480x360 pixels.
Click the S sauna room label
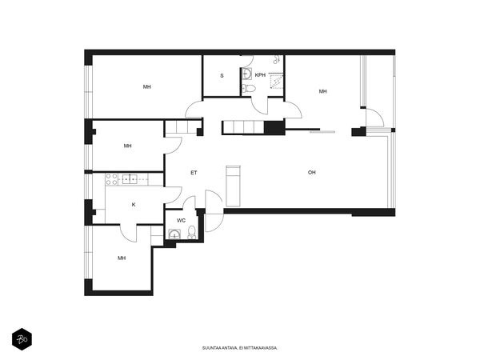point(222,76)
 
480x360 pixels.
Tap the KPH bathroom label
point(260,75)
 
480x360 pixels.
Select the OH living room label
point(312,172)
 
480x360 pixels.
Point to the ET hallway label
point(194,173)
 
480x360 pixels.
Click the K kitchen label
point(134,205)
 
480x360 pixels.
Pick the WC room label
point(181,221)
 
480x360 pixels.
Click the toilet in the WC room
point(192,232)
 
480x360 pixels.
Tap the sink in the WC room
point(174,234)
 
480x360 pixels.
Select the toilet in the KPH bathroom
point(249,89)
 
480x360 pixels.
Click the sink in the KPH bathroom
point(246,74)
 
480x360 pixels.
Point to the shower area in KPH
point(277,81)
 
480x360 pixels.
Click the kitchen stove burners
point(111,179)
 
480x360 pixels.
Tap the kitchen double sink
point(130,178)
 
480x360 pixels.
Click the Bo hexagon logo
point(22,339)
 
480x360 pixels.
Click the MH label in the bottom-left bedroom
point(122,258)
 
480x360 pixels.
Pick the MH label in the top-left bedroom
point(147,87)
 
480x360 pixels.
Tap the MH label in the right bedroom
point(322,91)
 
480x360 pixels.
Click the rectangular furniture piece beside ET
point(234,186)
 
